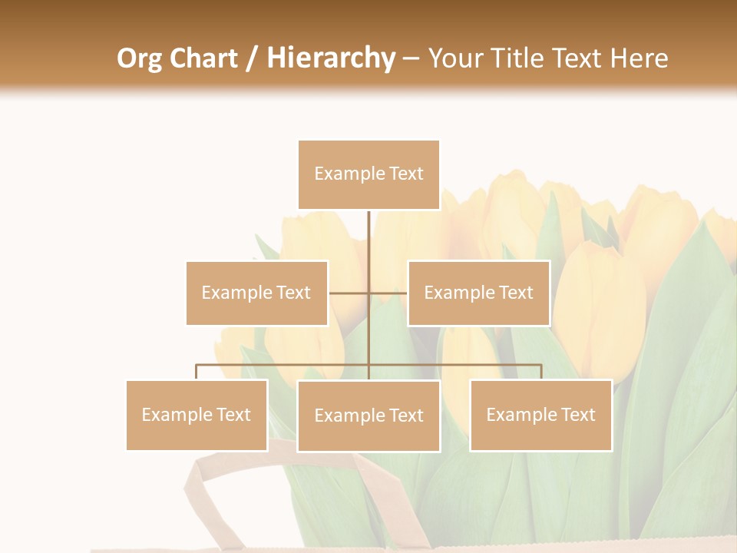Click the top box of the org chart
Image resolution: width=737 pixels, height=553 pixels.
pyautogui.click(x=368, y=174)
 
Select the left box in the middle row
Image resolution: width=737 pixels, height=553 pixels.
pyautogui.click(x=256, y=293)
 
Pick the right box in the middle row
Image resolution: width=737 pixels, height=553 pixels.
pyautogui.click(x=478, y=293)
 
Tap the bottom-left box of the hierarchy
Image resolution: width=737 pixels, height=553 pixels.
pyautogui.click(x=197, y=415)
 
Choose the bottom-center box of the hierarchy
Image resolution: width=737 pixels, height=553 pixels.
pyautogui.click(x=368, y=416)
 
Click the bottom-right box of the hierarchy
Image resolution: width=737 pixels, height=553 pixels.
pyautogui.click(x=540, y=415)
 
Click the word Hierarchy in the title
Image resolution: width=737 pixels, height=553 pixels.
pyautogui.click(x=331, y=58)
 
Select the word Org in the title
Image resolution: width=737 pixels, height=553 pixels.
pyautogui.click(x=139, y=58)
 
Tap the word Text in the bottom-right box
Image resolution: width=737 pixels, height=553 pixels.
pyautogui.click(x=577, y=415)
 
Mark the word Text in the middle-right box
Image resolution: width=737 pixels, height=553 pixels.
pyautogui.click(x=515, y=293)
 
